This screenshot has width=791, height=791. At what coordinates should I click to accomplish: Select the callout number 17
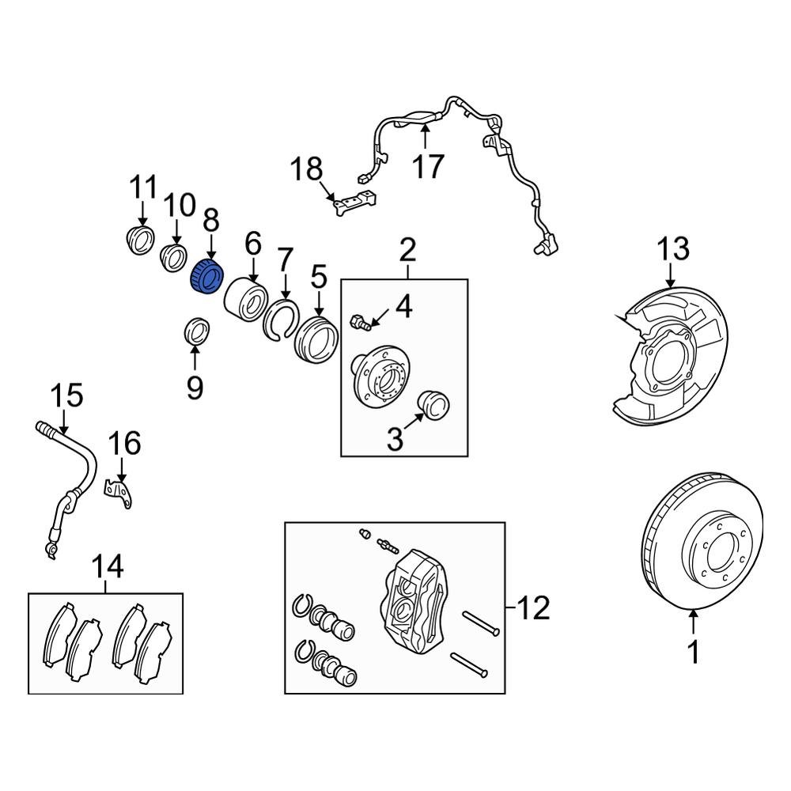click(x=427, y=166)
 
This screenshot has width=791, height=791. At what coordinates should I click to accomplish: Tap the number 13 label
click(x=671, y=249)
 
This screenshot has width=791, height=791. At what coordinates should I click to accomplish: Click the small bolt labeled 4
click(x=360, y=322)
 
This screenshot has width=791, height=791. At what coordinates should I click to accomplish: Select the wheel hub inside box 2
click(x=380, y=380)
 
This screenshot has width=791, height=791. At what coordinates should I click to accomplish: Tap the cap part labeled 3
click(x=433, y=403)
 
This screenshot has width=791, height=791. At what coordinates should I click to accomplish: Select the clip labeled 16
click(x=120, y=494)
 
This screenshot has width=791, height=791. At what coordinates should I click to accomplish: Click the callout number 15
click(x=67, y=395)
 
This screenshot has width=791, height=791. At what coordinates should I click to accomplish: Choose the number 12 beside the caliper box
click(x=533, y=608)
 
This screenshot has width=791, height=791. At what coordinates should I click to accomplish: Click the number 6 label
click(x=252, y=244)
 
